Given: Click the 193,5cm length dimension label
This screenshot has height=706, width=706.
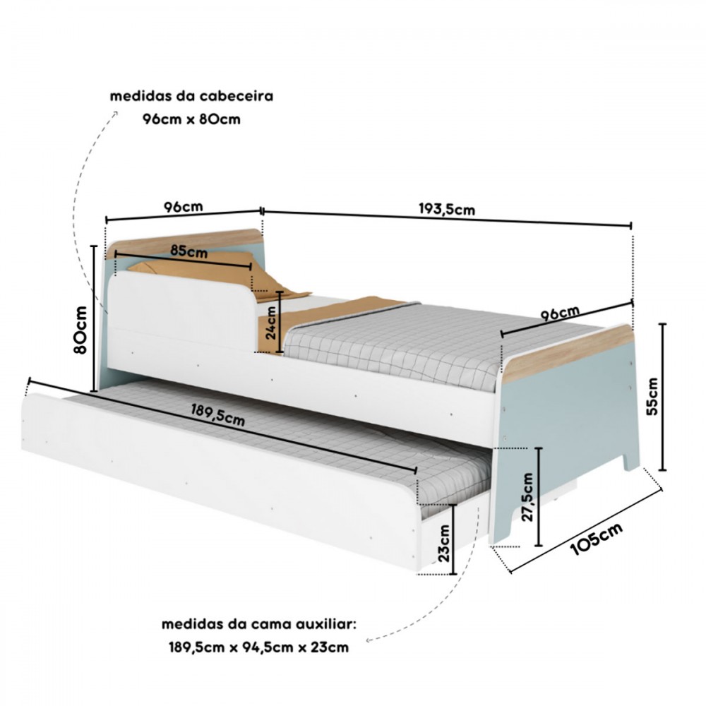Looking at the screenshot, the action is (x=447, y=210).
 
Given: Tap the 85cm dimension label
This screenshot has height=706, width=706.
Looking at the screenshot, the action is (x=189, y=251).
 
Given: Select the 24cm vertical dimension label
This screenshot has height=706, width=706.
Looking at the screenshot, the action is (x=271, y=323).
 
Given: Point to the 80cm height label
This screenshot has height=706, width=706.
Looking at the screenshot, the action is (x=80, y=330).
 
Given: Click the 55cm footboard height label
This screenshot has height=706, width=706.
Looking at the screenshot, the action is (x=652, y=396).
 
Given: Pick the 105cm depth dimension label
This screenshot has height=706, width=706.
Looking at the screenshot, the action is (x=597, y=539).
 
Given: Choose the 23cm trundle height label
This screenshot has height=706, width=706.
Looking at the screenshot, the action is (x=443, y=543).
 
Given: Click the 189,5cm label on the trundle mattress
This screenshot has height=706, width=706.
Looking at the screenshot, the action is (x=218, y=415).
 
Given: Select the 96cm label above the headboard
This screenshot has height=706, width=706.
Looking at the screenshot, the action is (x=184, y=207).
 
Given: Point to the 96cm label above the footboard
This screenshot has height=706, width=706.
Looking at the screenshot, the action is (x=560, y=313).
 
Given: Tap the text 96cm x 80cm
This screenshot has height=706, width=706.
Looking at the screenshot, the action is (x=191, y=119).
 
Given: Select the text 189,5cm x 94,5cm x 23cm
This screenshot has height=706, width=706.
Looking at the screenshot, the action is (x=259, y=647).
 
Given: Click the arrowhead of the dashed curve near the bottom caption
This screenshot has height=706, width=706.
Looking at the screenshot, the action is (x=369, y=640).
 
